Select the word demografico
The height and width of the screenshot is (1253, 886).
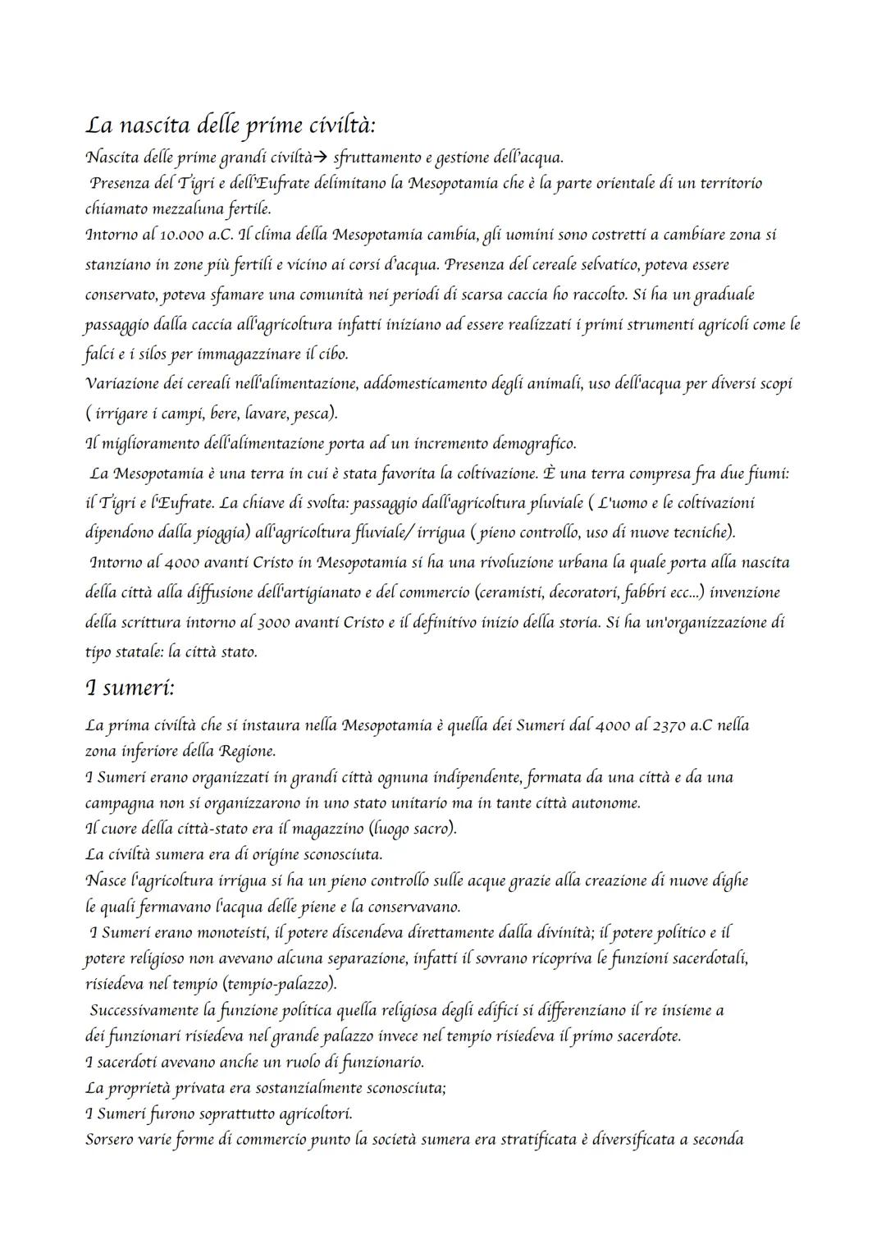tap(534, 444)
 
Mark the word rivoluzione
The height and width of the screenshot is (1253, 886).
tap(488, 563)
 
